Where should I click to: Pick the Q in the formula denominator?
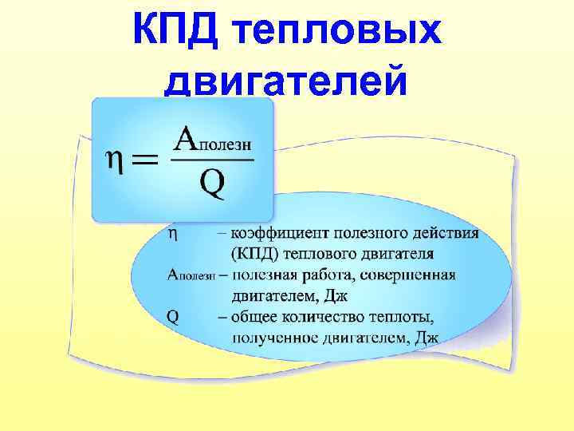coord(212,185)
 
